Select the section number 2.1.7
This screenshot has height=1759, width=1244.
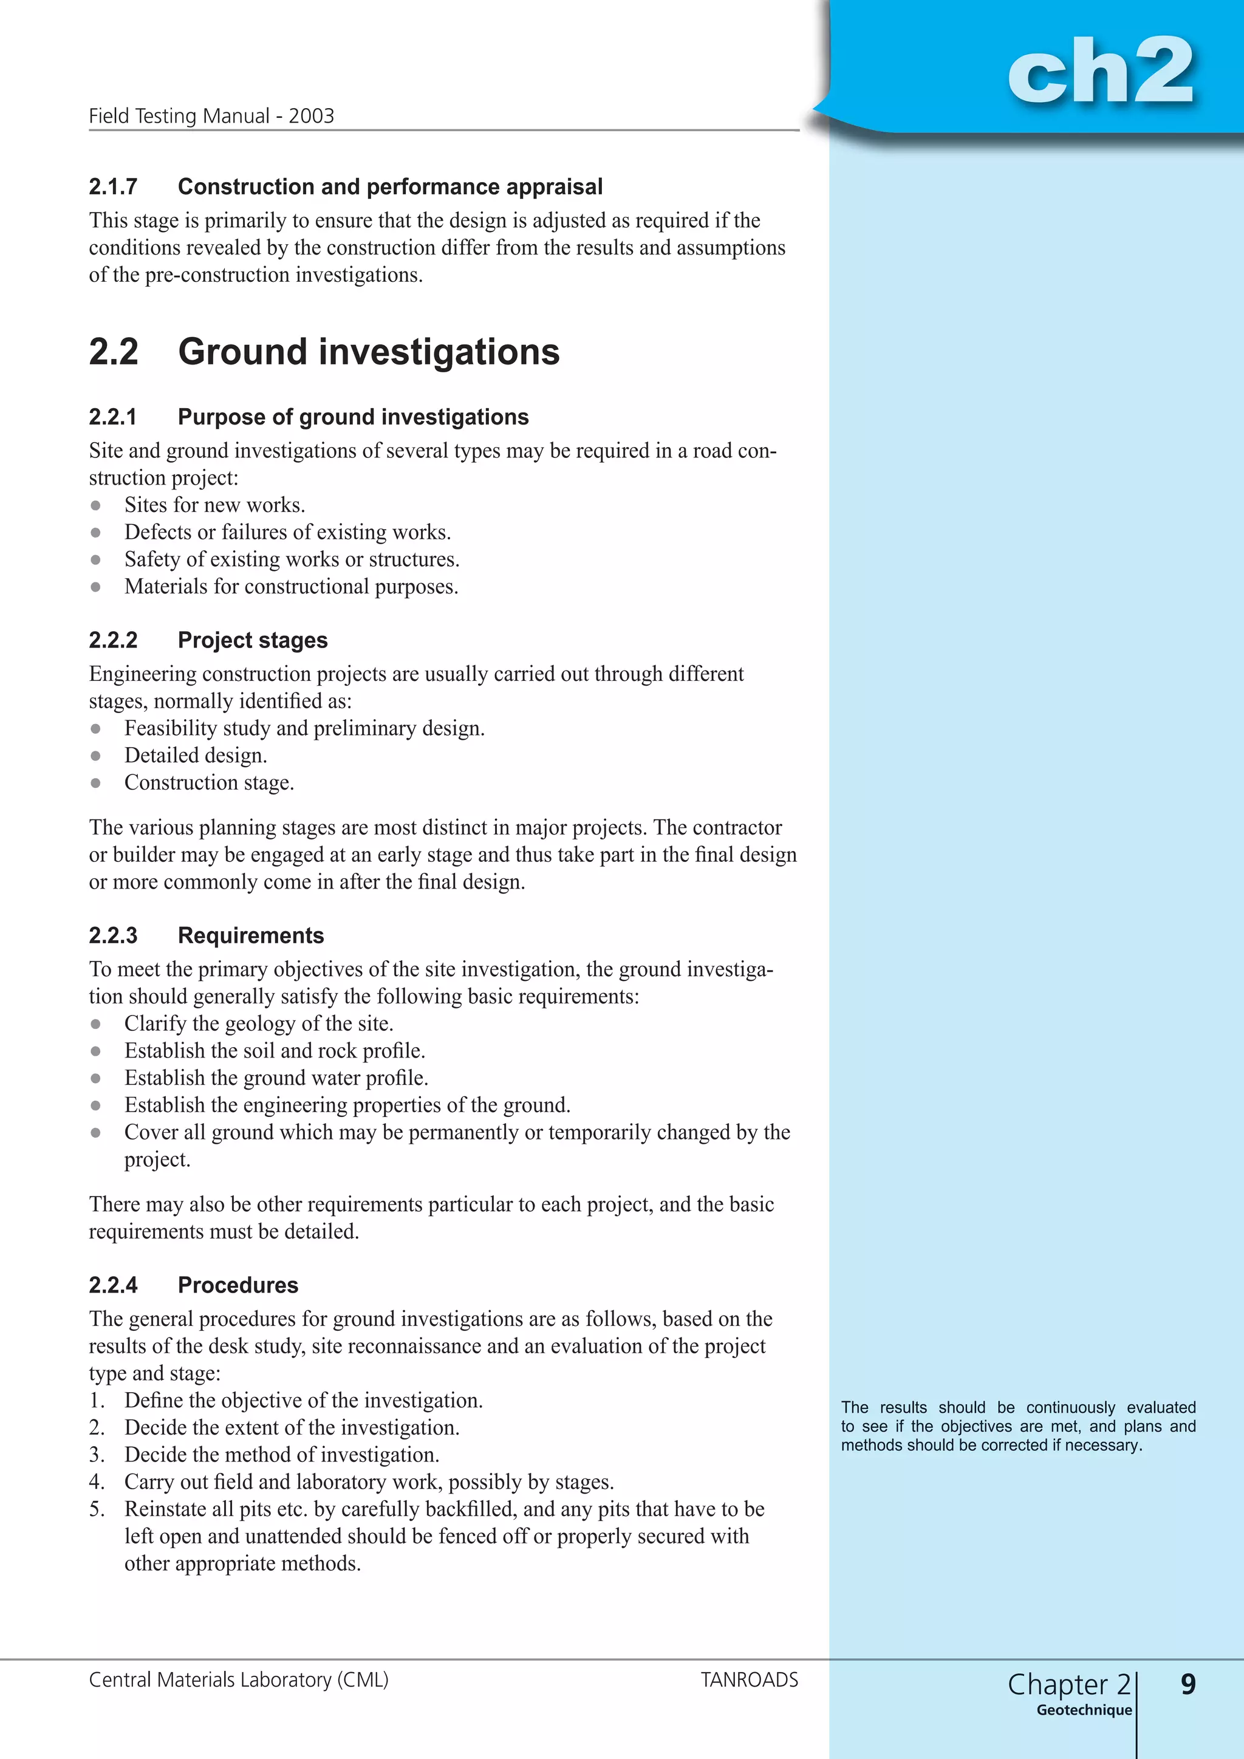114,187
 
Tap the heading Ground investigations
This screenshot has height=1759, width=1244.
369,352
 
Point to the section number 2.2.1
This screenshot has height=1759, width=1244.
114,417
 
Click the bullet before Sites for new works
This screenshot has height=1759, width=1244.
96,505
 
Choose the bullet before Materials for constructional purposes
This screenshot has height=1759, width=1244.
96,587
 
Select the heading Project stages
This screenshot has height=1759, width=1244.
252,640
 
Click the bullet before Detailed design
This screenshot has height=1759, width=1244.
96,756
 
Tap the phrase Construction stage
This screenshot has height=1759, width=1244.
208,783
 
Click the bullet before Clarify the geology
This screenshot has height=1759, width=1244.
96,1024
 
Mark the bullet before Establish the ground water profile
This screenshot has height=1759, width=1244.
96,1079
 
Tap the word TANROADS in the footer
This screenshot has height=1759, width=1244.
749,1680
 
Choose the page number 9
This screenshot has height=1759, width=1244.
1188,1684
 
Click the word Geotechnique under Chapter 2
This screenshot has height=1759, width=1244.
1084,1710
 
